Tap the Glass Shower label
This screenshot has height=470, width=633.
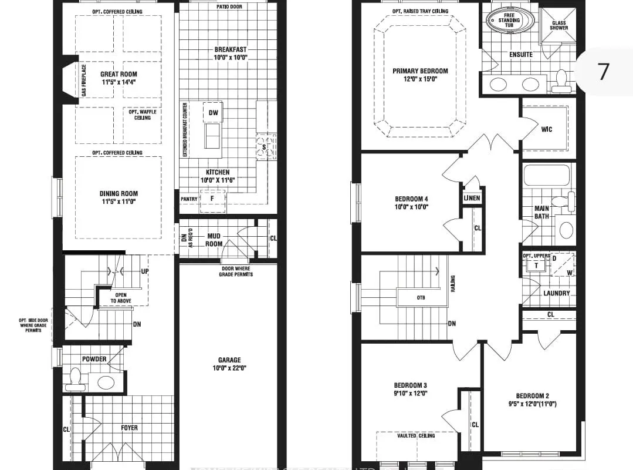[x=558, y=25]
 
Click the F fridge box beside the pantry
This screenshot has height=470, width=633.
[x=212, y=199]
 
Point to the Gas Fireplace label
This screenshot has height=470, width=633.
[x=84, y=81]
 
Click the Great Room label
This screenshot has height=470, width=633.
[x=119, y=74]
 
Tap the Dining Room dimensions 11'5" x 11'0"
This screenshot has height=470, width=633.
[x=119, y=202]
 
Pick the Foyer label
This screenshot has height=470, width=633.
[x=129, y=428]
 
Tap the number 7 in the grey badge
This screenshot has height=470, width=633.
[x=604, y=71]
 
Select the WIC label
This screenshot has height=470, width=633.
[x=547, y=129]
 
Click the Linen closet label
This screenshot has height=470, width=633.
[x=472, y=198]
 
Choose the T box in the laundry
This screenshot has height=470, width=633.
[x=536, y=266]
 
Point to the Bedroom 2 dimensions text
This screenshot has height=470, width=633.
[x=532, y=404]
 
